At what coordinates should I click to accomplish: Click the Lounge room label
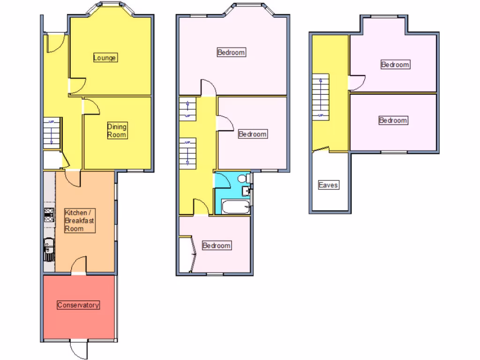pyautogui.click(x=105, y=58)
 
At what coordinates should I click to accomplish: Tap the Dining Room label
pyautogui.click(x=117, y=130)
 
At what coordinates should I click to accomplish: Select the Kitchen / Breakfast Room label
pyautogui.click(x=80, y=220)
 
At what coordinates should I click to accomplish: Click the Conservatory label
pyautogui.click(x=78, y=305)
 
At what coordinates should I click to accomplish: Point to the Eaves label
pyautogui.click(x=328, y=185)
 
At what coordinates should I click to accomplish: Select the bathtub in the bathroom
pyautogui.click(x=235, y=207)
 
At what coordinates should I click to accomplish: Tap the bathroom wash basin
pyautogui.click(x=246, y=191)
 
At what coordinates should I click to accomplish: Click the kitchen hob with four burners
pyautogui.click(x=48, y=214)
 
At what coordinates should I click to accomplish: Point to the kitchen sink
pyautogui.click(x=48, y=248)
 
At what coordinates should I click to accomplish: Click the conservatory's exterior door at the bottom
pyautogui.click(x=79, y=348)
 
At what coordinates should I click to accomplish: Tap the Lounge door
pyautogui.click(x=78, y=85)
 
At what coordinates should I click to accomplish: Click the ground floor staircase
pyautogui.click(x=52, y=133)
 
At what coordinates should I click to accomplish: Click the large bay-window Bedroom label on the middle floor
pyautogui.click(x=231, y=52)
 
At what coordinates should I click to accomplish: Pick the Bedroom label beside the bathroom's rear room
pyautogui.click(x=216, y=246)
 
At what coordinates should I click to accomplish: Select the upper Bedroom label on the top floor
pyautogui.click(x=395, y=65)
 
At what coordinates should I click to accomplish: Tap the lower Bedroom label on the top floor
pyautogui.click(x=393, y=120)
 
